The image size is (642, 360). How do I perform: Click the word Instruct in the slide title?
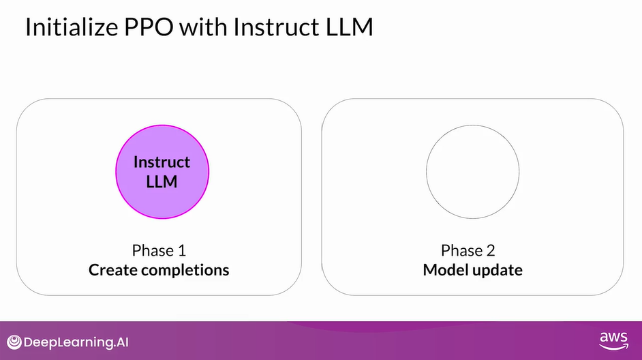(279, 29)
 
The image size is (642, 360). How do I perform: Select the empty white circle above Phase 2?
(472, 171)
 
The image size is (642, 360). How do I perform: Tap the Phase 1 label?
(158, 250)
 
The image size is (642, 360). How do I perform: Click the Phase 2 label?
(472, 250)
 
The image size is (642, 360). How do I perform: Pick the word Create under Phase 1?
(113, 270)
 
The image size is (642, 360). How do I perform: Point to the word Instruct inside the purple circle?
(162, 162)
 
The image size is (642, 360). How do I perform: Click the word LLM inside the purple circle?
(162, 182)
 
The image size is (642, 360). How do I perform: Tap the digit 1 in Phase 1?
(181, 250)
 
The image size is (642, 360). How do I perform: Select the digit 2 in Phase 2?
(495, 250)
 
